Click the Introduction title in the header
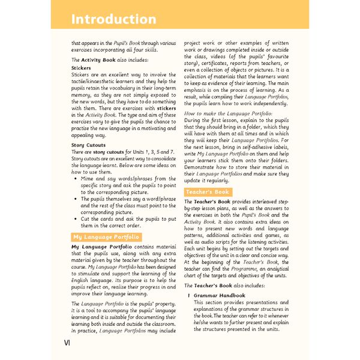(x=113, y=19)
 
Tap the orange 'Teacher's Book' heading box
(x=207, y=192)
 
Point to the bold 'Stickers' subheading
(x=81, y=68)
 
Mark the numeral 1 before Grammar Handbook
(x=190, y=296)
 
